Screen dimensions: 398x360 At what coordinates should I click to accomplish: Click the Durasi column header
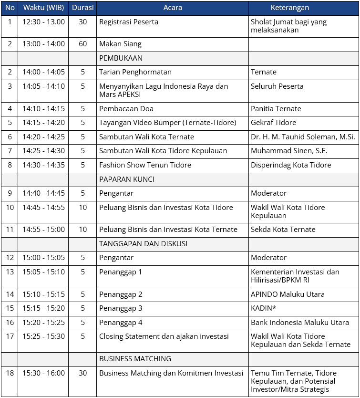pos(82,8)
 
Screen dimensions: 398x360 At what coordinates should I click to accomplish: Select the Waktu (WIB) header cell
pos(43,8)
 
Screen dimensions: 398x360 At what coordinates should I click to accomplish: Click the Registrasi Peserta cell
pos(129,22)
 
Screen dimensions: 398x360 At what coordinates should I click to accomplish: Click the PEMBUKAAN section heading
pos(121,58)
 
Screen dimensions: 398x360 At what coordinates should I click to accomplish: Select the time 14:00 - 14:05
pos(43,72)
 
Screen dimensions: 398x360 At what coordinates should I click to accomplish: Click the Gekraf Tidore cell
pos(273,123)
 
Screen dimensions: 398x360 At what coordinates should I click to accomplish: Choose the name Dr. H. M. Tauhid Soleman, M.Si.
pos(303,137)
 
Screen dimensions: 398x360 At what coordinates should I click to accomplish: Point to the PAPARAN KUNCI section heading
pos(126,179)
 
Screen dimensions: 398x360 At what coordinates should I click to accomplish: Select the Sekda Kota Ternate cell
pos(283,230)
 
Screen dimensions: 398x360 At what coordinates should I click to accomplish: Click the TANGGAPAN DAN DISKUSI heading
pos(143,243)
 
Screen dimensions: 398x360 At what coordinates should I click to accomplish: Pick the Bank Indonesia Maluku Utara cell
pos(299,323)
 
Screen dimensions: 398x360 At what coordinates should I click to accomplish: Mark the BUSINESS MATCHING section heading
pos(135,359)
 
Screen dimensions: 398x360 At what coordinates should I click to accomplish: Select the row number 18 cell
pos(10,373)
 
